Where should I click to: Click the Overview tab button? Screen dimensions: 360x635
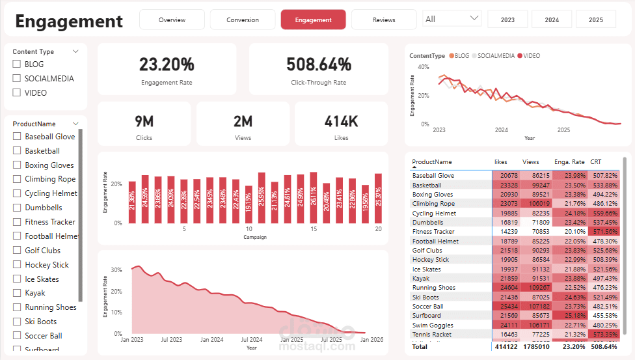(172, 20)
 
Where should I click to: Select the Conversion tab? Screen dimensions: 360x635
(243, 20)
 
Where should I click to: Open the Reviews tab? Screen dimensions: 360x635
(384, 20)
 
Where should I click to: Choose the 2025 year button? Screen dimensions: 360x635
(595, 20)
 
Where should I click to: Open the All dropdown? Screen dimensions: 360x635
(453, 19)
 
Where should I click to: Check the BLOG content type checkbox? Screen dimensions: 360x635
(17, 64)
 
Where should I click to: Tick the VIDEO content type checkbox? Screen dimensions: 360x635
(17, 93)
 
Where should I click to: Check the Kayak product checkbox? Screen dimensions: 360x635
(18, 293)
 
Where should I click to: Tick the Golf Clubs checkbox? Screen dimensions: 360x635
(18, 251)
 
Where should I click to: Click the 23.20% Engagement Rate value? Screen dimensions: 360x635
(167, 64)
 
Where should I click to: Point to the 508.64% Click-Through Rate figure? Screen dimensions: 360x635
(319, 64)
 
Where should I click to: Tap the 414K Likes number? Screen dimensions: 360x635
(342, 121)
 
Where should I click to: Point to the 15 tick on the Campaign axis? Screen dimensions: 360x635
(314, 229)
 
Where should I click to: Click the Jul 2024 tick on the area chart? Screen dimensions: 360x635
(252, 339)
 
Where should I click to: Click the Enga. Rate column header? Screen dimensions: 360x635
(569, 162)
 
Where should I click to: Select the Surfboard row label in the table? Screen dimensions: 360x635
(427, 316)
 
